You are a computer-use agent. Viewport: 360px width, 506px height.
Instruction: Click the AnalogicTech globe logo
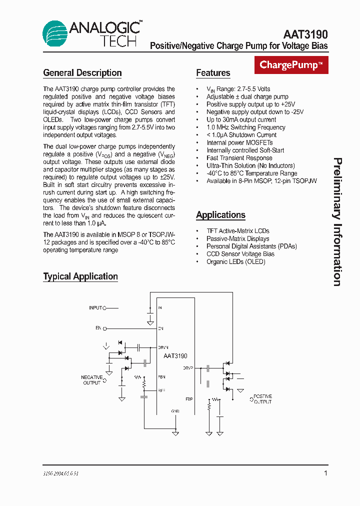[x=55, y=33]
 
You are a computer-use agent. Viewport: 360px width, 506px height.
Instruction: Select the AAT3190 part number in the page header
[x=305, y=34]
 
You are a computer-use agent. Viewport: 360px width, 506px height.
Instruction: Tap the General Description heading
[x=82, y=73]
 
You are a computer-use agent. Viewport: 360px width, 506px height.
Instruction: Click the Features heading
[x=213, y=73]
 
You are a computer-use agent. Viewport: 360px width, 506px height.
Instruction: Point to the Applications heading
[x=220, y=215]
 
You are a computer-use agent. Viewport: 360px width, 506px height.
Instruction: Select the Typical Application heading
[x=80, y=276]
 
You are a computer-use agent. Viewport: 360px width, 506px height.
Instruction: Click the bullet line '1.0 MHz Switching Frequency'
[x=246, y=127]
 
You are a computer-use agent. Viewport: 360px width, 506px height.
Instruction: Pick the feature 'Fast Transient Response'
[x=239, y=158]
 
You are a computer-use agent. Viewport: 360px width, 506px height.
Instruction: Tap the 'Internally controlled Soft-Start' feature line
[x=245, y=150]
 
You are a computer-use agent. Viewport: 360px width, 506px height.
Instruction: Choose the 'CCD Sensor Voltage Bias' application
[x=240, y=254]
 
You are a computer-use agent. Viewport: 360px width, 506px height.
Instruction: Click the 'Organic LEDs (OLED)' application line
[x=236, y=261]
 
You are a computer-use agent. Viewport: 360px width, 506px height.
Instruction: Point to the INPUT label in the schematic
[x=95, y=308]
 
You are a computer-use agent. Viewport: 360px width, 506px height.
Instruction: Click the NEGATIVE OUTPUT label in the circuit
[x=92, y=380]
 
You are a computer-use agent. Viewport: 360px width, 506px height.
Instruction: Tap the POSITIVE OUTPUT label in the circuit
[x=262, y=398]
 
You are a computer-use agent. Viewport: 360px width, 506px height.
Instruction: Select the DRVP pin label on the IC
[x=188, y=368]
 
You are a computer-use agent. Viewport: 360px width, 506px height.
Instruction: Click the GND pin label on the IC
[x=175, y=411]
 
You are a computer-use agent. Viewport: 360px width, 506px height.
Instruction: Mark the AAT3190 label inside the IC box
[x=175, y=356]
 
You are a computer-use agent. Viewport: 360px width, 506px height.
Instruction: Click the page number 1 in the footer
[x=326, y=473]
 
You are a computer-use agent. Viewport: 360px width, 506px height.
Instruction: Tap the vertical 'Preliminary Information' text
[x=338, y=222]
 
